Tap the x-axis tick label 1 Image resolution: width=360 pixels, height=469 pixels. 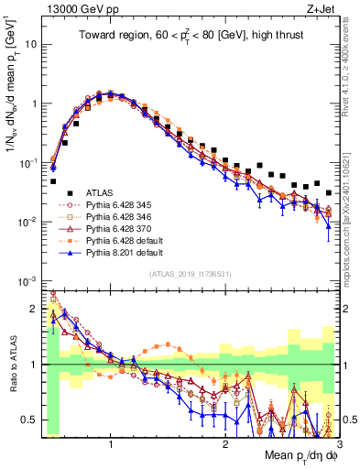pyautogui.click(x=111, y=438)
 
